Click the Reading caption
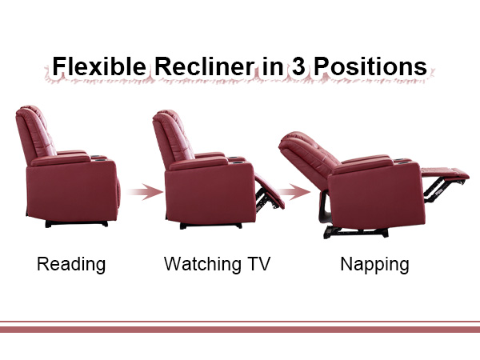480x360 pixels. point(71,264)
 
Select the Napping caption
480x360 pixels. point(374,264)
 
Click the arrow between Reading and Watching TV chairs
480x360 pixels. point(141,192)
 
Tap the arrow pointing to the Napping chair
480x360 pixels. point(298,192)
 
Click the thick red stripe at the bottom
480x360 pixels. point(240,329)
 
